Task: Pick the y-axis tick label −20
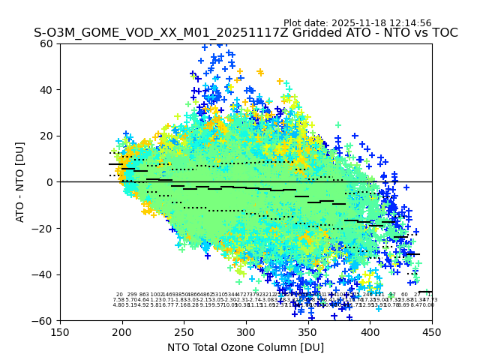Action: point(45,228)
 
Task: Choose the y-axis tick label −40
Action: point(45,274)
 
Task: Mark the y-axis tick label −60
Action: point(45,321)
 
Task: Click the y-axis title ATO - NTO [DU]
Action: point(21,182)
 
